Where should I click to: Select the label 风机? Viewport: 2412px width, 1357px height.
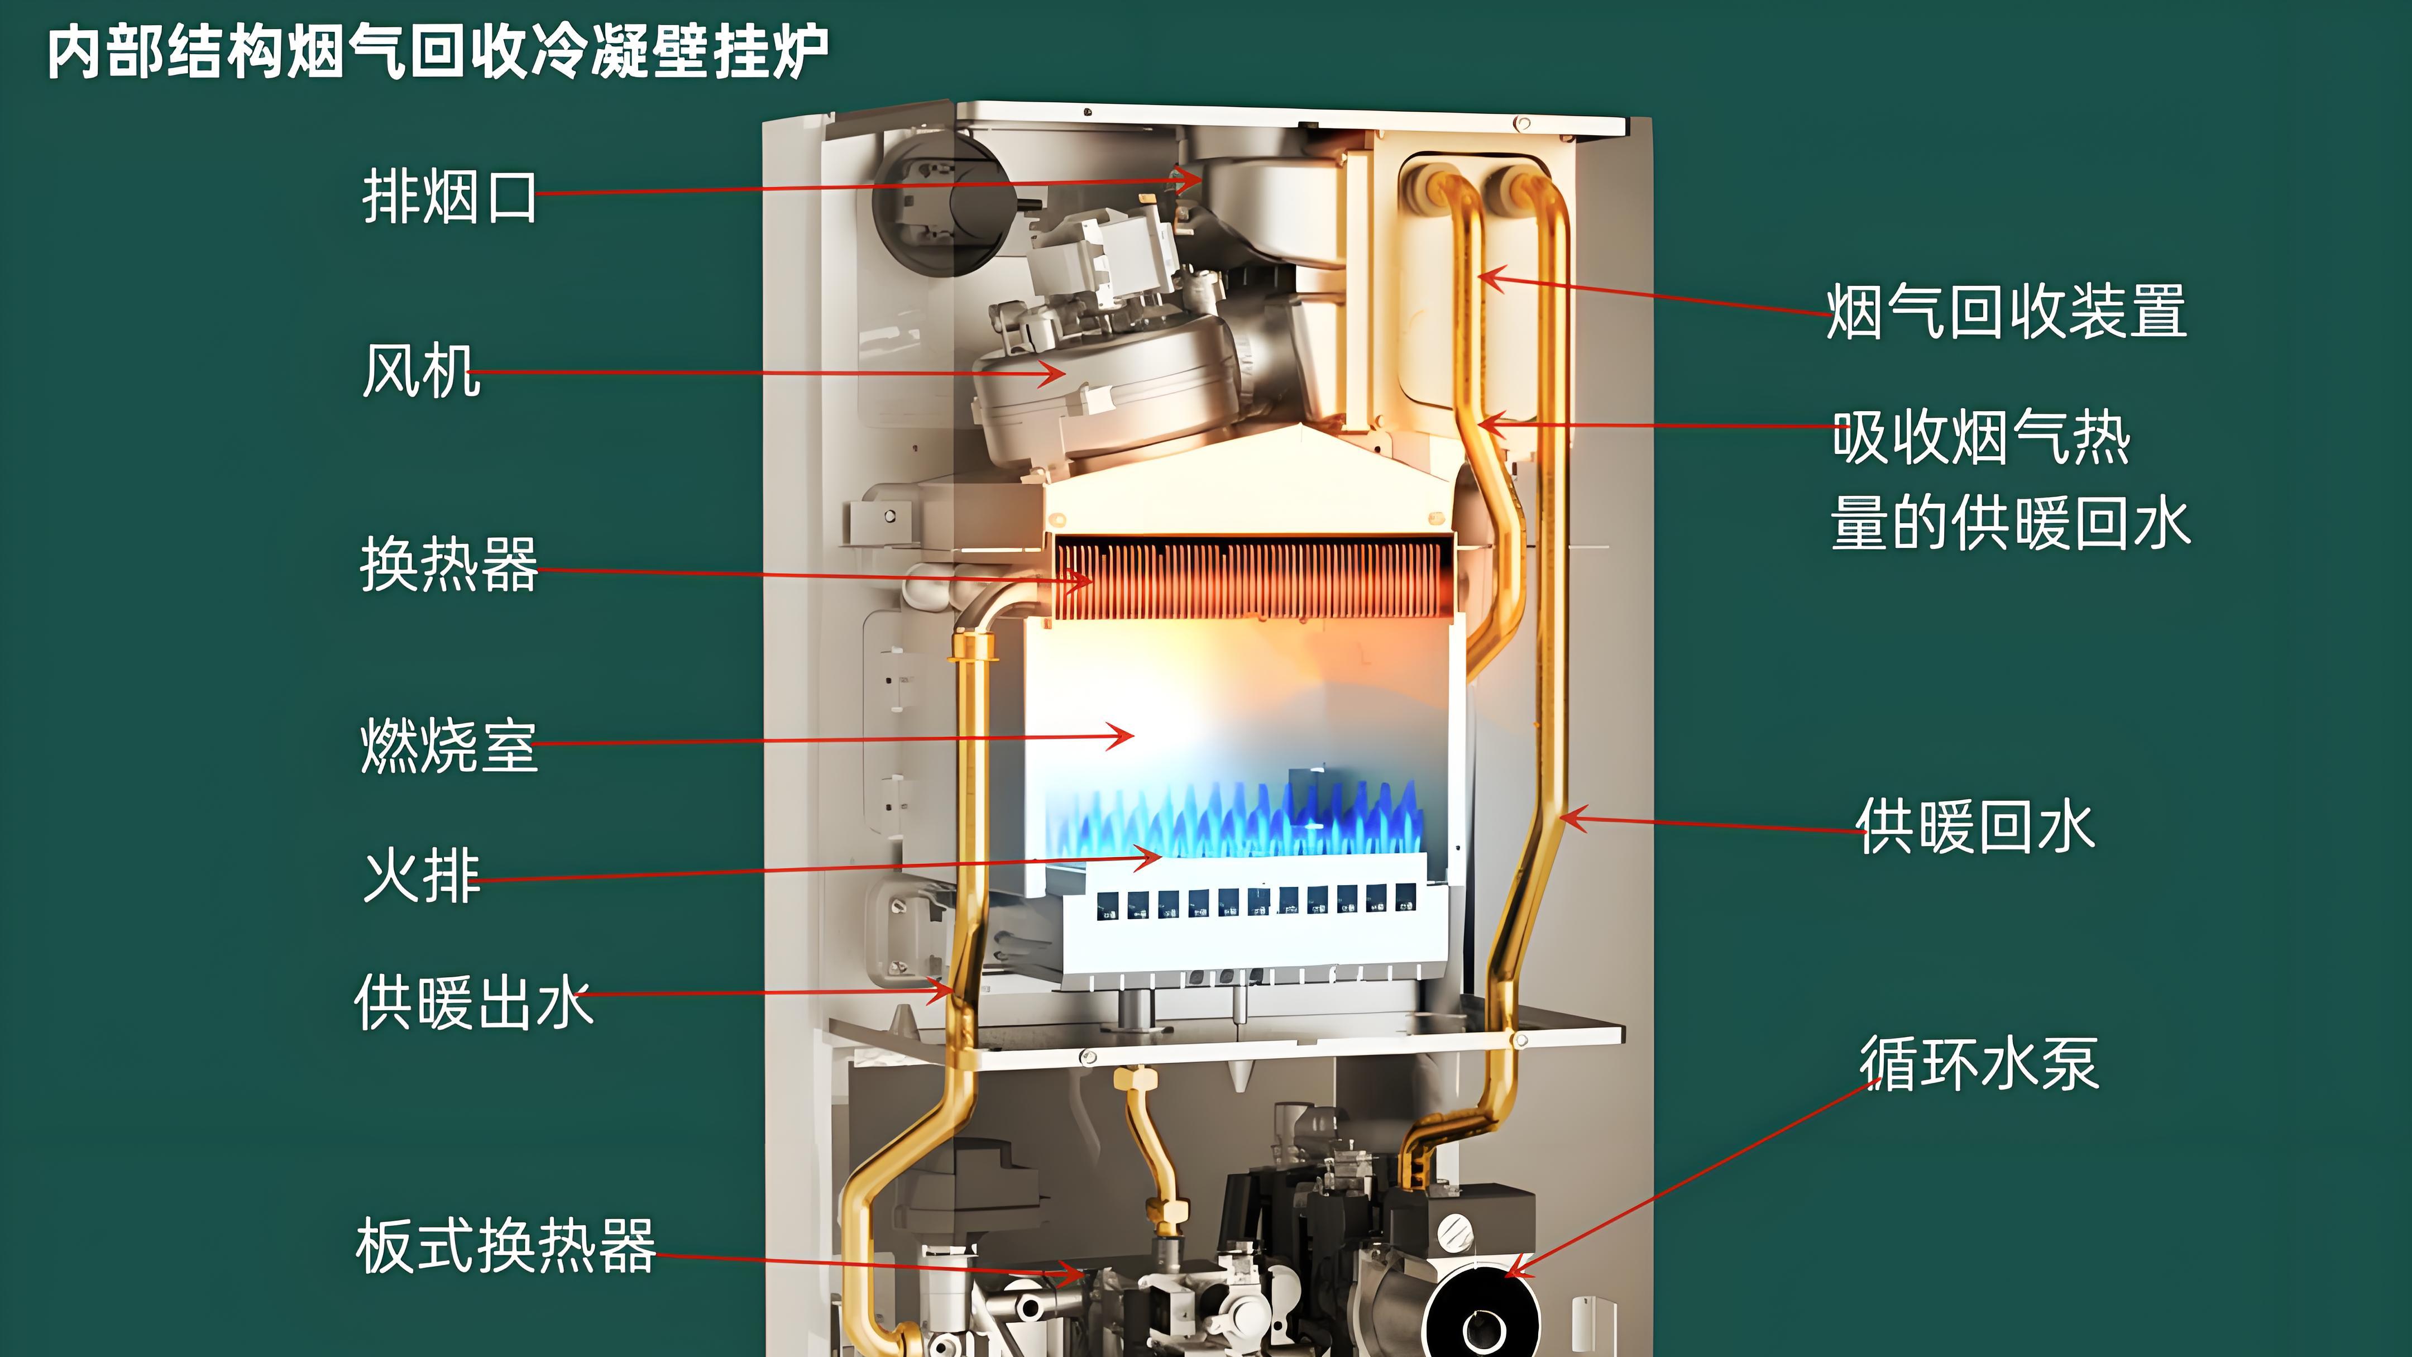click(x=422, y=371)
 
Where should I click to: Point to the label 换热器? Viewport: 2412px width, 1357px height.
click(x=449, y=565)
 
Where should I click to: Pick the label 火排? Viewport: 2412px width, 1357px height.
click(x=422, y=876)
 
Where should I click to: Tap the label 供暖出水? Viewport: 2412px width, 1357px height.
click(x=473, y=1002)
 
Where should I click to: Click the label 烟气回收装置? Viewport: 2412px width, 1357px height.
click(x=2007, y=312)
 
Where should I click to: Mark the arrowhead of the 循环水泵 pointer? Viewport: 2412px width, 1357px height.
click(x=1509, y=1274)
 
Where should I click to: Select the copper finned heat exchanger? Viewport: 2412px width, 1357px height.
click(x=1250, y=581)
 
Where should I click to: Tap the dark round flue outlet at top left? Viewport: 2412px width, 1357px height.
click(x=941, y=202)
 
